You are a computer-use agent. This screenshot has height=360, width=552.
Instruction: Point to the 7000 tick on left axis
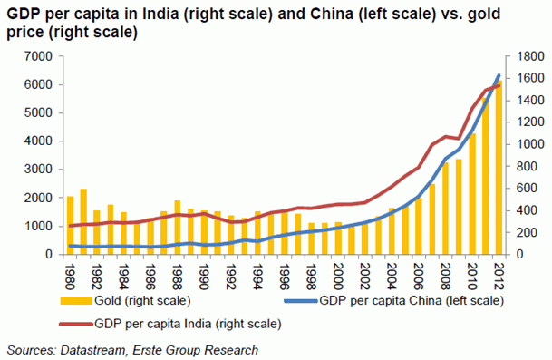coord(37,56)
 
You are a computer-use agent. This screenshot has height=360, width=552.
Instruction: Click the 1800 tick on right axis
coord(528,56)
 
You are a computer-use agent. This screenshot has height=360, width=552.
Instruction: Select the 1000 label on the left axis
coord(37,227)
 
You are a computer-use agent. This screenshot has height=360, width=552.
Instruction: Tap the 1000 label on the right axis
coord(528,144)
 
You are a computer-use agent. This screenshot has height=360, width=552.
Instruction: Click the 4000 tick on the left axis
coord(37,141)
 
